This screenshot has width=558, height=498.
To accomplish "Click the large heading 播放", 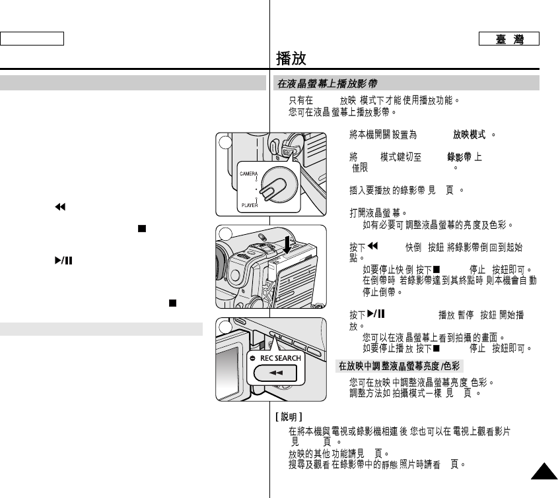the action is [291, 59].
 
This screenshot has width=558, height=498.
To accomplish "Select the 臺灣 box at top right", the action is [510, 39].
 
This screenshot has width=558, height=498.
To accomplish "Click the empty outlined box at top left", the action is [32, 38].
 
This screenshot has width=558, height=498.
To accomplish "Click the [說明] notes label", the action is [289, 417].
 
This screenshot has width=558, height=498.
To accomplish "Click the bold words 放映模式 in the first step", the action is [470, 134].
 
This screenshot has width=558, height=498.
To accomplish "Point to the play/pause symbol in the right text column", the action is [376, 315].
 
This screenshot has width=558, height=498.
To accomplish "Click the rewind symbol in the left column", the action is [59, 207].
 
